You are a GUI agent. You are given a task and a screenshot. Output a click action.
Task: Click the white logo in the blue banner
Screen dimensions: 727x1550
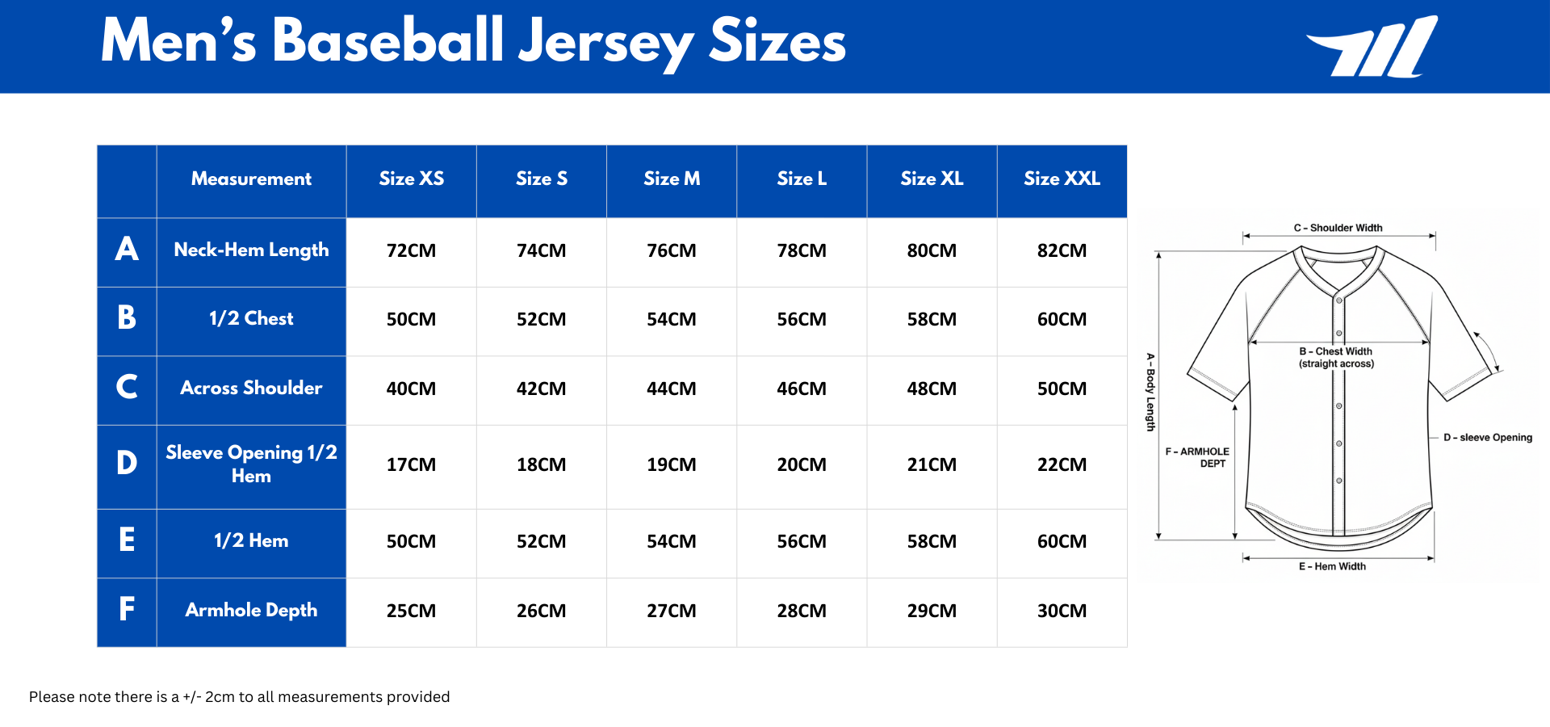click(x=1372, y=47)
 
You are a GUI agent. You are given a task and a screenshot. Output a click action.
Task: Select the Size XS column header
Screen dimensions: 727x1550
click(x=411, y=179)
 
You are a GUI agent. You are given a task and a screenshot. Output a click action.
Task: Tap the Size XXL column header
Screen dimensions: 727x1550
click(x=1062, y=179)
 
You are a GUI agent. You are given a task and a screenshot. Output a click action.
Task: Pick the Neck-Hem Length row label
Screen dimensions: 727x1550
click(x=251, y=250)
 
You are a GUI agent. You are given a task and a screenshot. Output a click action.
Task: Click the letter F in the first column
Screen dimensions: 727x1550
click(x=127, y=609)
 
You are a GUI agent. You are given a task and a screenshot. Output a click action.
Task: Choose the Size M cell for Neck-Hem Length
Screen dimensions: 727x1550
click(x=671, y=251)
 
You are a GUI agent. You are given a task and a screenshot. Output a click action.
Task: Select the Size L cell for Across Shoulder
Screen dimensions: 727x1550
click(x=801, y=389)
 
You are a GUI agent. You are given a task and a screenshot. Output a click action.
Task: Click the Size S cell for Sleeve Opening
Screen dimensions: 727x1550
click(x=541, y=465)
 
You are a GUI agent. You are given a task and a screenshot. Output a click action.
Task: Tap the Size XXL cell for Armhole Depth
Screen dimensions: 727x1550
click(x=1062, y=611)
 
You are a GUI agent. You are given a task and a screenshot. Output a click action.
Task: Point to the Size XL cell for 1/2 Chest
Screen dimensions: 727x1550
click(x=932, y=320)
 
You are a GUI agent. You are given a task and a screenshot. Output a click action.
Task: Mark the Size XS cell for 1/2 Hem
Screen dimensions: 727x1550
click(x=411, y=542)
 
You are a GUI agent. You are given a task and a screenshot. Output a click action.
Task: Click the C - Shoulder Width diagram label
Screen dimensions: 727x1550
click(x=1338, y=228)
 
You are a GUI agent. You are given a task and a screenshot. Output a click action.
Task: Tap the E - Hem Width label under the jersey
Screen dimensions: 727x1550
click(x=1332, y=566)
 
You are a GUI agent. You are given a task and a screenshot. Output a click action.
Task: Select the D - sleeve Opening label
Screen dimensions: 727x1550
click(x=1487, y=438)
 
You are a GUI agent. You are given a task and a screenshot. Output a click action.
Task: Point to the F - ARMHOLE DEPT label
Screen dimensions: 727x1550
click(x=1198, y=457)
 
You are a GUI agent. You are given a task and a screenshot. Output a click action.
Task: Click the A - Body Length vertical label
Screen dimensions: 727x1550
click(x=1150, y=392)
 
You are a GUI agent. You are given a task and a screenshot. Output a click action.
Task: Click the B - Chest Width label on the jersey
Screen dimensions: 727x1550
click(x=1336, y=357)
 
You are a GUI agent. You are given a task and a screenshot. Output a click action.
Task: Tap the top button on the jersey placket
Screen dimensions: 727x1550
click(x=1338, y=300)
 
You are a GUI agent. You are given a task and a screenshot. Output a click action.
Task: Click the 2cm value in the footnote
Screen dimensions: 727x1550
click(x=220, y=697)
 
